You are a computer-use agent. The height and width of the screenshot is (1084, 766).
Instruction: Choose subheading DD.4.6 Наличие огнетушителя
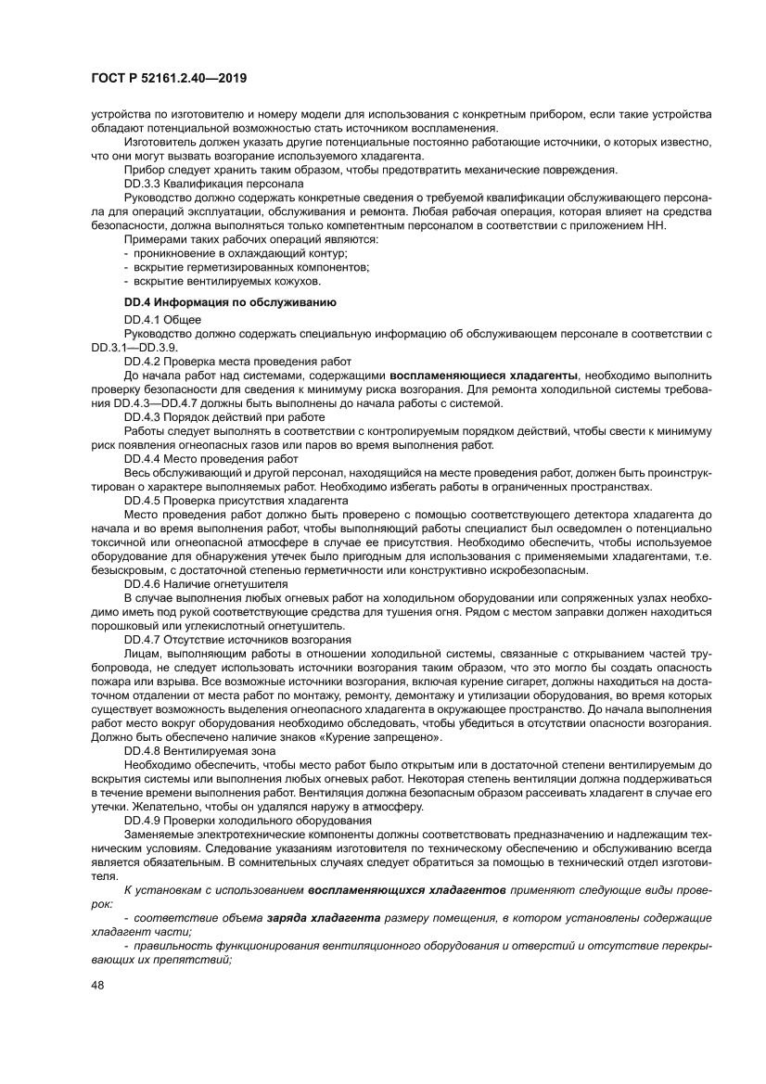pos(205,584)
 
